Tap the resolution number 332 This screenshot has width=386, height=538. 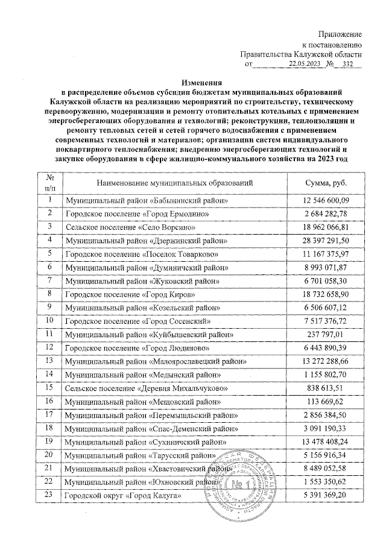[347, 63]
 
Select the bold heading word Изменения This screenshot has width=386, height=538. [203, 81]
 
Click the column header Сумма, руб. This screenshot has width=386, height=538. [327, 182]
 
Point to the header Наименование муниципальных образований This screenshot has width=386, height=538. [174, 182]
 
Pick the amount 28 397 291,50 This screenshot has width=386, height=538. [327, 241]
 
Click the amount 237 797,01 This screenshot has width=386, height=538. [327, 335]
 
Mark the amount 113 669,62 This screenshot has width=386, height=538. [327, 402]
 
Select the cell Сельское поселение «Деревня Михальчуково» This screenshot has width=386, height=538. [147, 388]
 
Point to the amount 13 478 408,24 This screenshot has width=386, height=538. [327, 441]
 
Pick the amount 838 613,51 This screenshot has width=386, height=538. [327, 388]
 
